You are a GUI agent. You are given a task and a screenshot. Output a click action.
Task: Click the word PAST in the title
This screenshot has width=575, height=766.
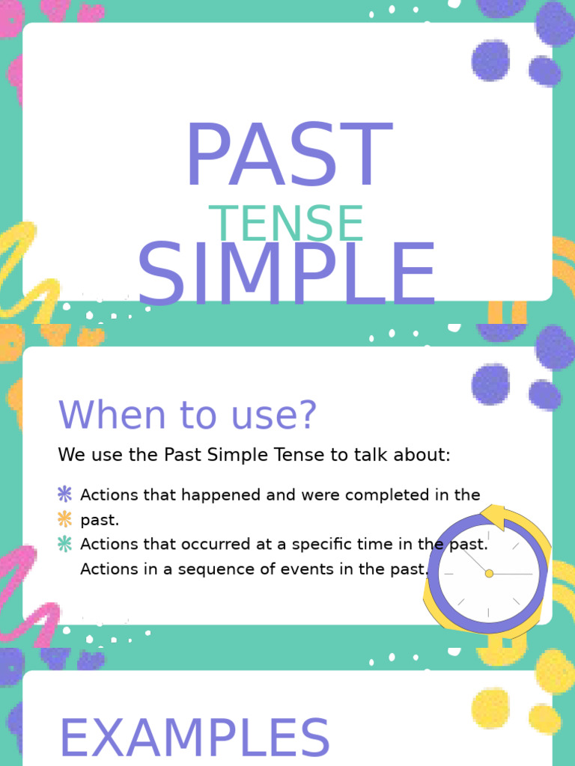[288, 156]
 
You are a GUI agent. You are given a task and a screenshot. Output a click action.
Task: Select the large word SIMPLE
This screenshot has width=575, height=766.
[286, 275]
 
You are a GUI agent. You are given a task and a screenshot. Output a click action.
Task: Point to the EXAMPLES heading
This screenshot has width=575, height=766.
[195, 739]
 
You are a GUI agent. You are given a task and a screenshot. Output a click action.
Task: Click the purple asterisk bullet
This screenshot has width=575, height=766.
[65, 494]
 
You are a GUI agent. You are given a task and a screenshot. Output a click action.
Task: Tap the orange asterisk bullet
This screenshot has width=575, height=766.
[65, 518]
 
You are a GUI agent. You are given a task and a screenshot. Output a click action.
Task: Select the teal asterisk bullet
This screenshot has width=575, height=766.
[65, 544]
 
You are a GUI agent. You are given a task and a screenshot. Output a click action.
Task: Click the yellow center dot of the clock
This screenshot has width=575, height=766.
[489, 573]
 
